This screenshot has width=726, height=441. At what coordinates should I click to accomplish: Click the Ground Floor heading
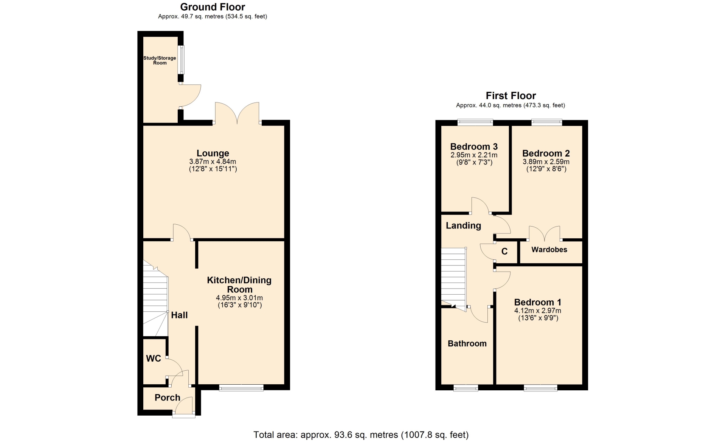click(x=213, y=7)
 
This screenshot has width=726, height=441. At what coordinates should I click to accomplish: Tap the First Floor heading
click(x=511, y=96)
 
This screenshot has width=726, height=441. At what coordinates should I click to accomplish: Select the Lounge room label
click(x=213, y=153)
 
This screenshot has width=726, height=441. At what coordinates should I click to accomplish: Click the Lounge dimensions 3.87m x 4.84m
click(x=213, y=161)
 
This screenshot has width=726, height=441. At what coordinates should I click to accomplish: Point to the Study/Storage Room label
click(x=160, y=61)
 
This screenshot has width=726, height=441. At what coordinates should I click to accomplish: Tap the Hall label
click(x=179, y=315)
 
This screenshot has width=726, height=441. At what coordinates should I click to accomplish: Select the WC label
click(x=154, y=359)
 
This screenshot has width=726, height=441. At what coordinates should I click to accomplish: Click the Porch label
click(x=168, y=398)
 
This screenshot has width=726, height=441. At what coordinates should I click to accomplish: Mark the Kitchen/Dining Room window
click(x=241, y=387)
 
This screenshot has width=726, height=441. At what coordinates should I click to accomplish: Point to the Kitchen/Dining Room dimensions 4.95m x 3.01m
click(x=239, y=298)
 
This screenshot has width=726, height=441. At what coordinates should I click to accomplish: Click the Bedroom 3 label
click(x=474, y=147)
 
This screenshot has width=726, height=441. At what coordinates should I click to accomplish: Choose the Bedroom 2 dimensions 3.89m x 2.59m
click(x=546, y=162)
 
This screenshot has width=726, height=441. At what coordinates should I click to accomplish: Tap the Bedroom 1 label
click(x=538, y=302)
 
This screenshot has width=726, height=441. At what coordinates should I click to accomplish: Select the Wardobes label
click(x=549, y=250)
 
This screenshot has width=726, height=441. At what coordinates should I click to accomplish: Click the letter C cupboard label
click(x=504, y=252)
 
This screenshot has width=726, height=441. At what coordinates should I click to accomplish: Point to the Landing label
click(x=464, y=226)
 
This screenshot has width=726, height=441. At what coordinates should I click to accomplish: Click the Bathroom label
click(x=467, y=343)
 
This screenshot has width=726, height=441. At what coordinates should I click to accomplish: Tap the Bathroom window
click(x=466, y=387)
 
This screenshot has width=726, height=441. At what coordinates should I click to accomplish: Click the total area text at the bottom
click(x=361, y=435)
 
